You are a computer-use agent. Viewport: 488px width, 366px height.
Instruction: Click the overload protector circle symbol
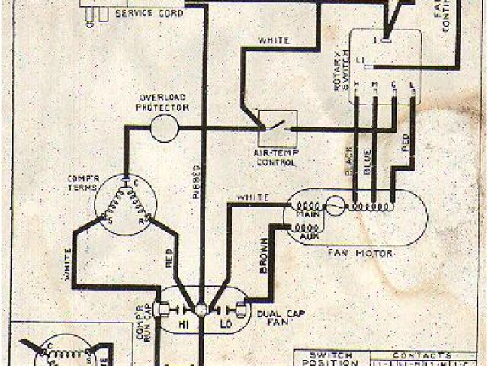click(x=163, y=129)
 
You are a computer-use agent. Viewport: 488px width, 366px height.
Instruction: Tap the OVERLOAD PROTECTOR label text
click(x=163, y=104)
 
